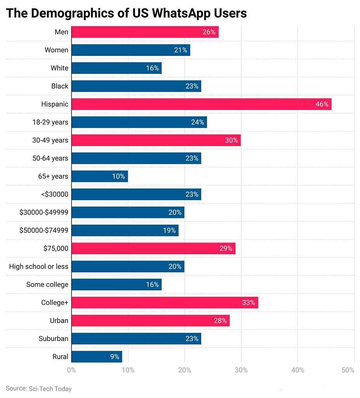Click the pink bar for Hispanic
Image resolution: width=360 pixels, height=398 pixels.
(201, 104)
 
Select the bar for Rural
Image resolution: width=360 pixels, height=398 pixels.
(97, 356)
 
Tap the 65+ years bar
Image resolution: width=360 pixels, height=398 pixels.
(100, 176)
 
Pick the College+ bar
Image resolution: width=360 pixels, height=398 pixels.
(165, 302)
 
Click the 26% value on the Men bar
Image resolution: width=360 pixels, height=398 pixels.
(209, 32)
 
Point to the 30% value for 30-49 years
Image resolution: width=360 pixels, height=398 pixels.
(231, 140)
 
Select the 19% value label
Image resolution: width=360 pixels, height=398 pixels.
(169, 230)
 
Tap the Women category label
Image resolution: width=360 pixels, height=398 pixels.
(56, 50)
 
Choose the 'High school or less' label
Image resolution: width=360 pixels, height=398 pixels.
(39, 267)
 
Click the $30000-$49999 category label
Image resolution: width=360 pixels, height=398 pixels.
(44, 213)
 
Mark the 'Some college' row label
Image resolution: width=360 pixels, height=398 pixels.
(47, 285)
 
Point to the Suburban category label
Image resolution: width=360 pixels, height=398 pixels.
(53, 339)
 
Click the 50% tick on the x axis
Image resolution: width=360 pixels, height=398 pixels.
(348, 370)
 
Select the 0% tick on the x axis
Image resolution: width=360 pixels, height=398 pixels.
(71, 370)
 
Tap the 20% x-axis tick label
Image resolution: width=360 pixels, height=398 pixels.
(185, 370)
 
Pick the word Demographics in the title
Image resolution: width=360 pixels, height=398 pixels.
(84, 13)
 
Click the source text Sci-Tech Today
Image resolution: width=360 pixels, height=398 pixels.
(50, 389)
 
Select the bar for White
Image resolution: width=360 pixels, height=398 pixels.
(117, 68)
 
